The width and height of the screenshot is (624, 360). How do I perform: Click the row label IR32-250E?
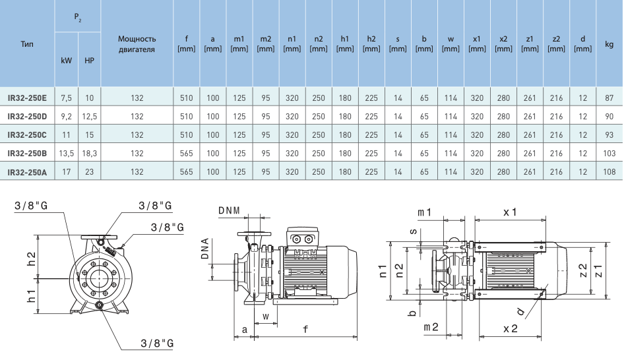click(27, 98)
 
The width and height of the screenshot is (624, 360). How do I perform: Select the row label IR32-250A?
click(27, 171)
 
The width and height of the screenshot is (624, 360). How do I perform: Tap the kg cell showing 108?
click(609, 171)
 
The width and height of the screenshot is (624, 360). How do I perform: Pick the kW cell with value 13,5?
click(66, 153)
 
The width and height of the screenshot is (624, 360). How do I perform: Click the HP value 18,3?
click(90, 153)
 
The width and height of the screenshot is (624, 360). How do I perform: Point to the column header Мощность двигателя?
click(137, 44)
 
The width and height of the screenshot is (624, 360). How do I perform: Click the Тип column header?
click(27, 44)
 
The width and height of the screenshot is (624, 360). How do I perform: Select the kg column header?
click(609, 44)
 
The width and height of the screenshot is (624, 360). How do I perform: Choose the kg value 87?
click(609, 98)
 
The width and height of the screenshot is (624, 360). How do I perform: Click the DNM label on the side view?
click(229, 212)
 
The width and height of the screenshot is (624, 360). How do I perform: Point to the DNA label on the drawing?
click(205, 249)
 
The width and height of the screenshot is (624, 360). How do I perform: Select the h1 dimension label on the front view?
click(30, 295)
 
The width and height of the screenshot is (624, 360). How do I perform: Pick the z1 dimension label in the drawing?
click(598, 271)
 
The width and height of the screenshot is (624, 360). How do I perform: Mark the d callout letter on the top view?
click(520, 311)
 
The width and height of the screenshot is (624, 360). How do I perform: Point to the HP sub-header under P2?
click(90, 61)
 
